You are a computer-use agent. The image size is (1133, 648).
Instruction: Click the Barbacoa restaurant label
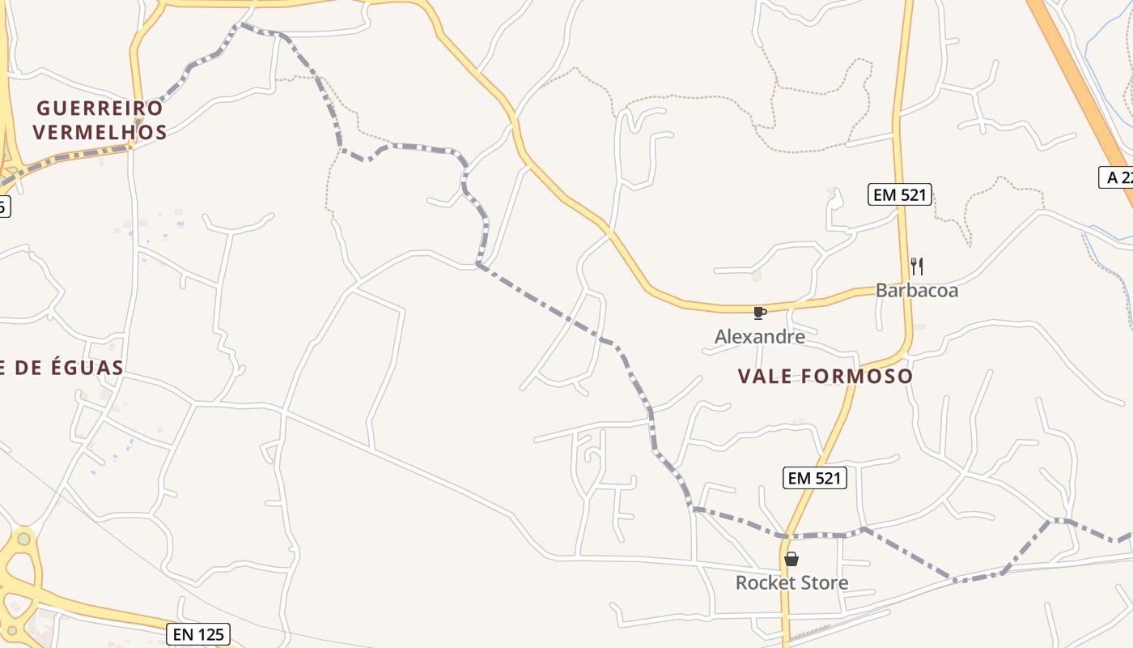(916, 291)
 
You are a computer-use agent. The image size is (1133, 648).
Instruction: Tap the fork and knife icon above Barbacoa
(917, 266)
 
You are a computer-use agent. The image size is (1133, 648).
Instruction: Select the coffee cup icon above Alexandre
(759, 313)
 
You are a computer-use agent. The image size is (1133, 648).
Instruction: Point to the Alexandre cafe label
(759, 336)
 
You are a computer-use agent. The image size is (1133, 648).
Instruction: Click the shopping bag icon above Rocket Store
(791, 559)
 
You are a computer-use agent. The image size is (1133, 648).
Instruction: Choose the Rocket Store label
(791, 582)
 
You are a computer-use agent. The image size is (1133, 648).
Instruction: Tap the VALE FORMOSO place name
(825, 376)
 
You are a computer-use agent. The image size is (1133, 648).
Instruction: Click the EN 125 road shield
(198, 634)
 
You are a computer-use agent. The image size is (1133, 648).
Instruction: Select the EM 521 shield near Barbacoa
(900, 194)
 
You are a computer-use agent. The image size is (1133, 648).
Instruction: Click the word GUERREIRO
(100, 108)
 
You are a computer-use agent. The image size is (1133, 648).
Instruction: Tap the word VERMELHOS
(100, 132)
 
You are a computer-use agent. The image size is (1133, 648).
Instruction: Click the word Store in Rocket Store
(821, 582)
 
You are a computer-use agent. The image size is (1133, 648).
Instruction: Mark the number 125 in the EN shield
(210, 634)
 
